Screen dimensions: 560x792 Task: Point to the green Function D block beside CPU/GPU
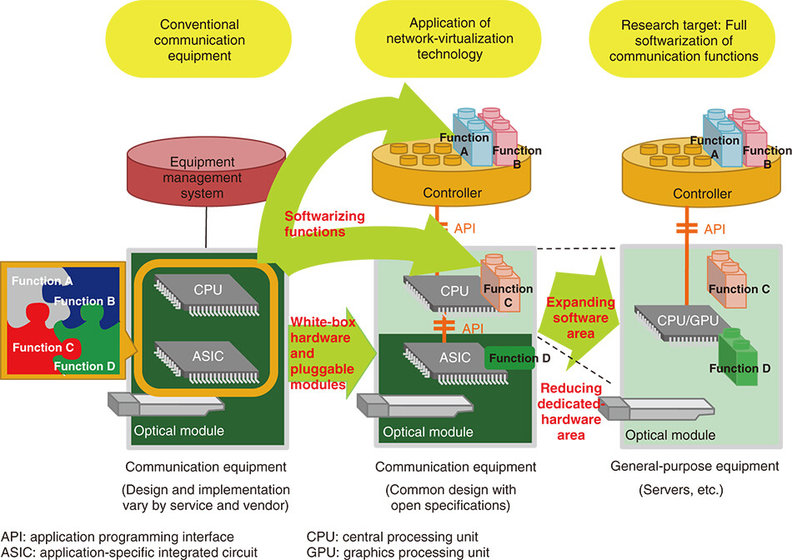coord(737,358)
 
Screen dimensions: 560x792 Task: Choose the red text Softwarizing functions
coord(325,223)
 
